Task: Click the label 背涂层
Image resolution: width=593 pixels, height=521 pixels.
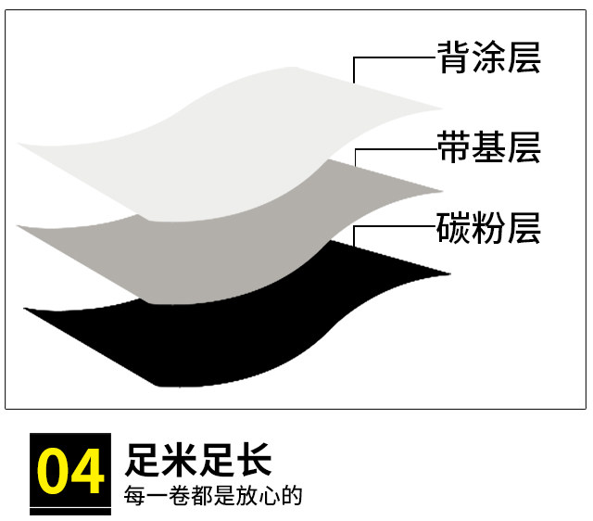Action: click(x=488, y=58)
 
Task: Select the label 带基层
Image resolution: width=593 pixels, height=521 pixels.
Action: click(x=488, y=147)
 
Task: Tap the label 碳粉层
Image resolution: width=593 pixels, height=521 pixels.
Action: click(x=488, y=227)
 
